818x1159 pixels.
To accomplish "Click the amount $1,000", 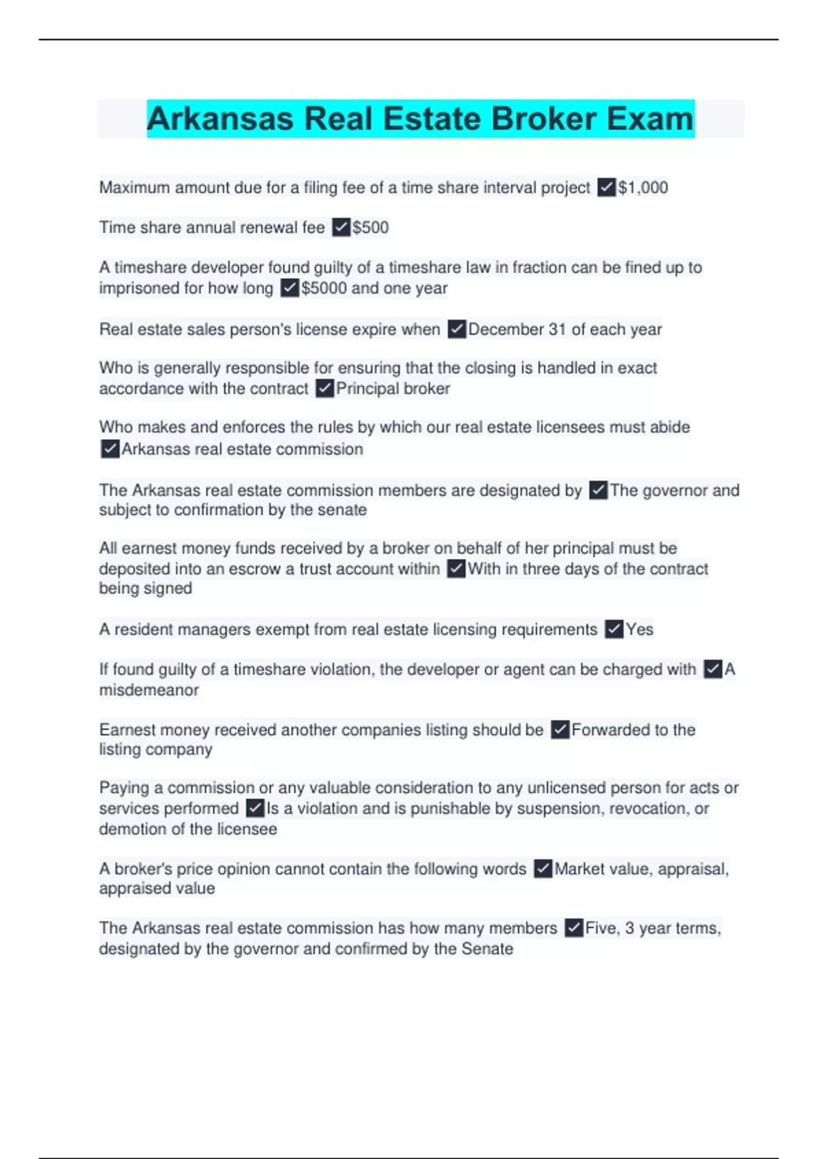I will pyautogui.click(x=643, y=187).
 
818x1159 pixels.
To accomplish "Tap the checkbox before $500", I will pyautogui.click(x=341, y=227).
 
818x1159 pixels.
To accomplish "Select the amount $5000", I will pyautogui.click(x=324, y=288).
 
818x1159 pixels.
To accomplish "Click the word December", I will pyautogui.click(x=505, y=329).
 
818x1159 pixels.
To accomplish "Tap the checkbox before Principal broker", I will pyautogui.click(x=324, y=389).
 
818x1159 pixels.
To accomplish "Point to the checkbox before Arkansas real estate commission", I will pyautogui.click(x=110, y=449).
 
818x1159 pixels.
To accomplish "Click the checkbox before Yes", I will pyautogui.click(x=614, y=629).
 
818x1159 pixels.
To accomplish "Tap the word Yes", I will pyautogui.click(x=639, y=629).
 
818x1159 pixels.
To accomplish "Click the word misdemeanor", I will pyautogui.click(x=149, y=690).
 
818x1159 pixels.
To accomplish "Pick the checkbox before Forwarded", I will pyautogui.click(x=560, y=729).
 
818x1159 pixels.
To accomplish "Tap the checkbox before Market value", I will pyautogui.click(x=543, y=869).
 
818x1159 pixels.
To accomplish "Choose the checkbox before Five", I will pyautogui.click(x=574, y=928).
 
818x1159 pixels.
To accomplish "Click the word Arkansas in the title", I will pyautogui.click(x=221, y=119).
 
